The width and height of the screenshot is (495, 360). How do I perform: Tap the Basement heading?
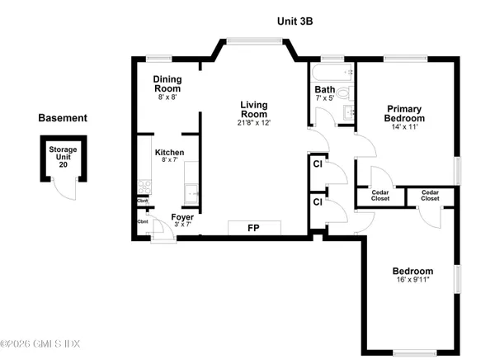(x=63, y=118)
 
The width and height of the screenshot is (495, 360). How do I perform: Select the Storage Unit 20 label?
(x=58, y=157)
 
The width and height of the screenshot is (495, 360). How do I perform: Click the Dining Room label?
(x=167, y=84)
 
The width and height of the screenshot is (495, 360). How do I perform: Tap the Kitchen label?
(x=169, y=153)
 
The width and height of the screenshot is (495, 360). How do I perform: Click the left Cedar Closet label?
(x=382, y=195)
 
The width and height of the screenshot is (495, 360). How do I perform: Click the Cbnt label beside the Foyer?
(x=143, y=220)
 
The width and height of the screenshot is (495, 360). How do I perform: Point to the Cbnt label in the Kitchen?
(x=143, y=201)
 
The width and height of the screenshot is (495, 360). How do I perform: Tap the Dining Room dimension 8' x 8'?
(x=167, y=97)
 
